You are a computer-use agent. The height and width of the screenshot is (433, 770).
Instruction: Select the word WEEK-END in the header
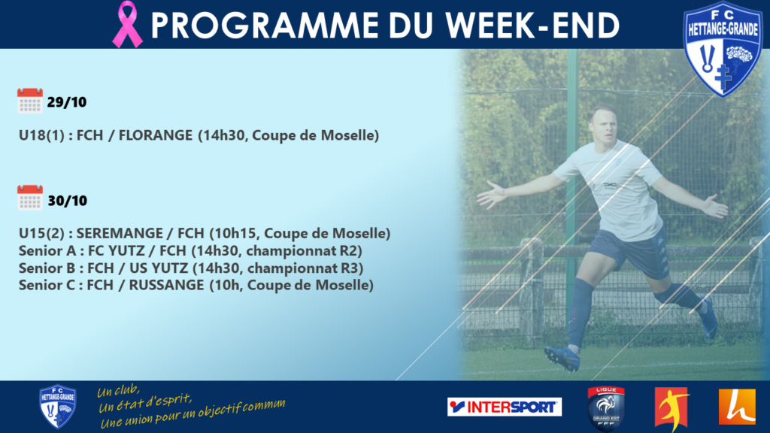coord(532,25)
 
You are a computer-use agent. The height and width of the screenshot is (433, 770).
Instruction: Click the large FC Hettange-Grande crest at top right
coord(723,49)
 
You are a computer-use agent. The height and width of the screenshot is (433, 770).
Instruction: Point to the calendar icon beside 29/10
coord(30,101)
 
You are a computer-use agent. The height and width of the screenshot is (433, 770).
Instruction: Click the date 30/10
coord(67,201)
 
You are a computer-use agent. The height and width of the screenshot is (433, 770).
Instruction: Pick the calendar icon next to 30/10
coord(30,198)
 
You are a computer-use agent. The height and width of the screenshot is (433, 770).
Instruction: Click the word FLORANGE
coord(155,135)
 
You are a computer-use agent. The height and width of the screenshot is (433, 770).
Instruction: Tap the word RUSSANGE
coord(166,285)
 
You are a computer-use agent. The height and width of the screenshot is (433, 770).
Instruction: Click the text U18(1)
coord(42,135)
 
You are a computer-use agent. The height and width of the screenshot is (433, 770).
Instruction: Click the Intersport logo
coord(505,407)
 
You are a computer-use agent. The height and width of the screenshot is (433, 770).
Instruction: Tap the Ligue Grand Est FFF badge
coord(606,408)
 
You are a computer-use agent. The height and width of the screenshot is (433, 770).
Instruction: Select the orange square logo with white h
coord(737,407)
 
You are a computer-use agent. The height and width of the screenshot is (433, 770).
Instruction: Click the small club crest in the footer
coord(57,407)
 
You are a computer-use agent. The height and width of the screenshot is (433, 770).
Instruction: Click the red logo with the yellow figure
coord(672,408)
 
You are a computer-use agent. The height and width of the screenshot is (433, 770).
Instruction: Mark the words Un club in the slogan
coord(118,391)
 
